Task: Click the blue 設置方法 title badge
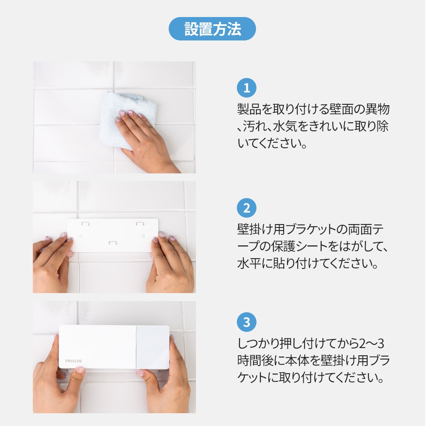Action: tap(213, 29)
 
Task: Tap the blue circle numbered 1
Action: tap(246, 89)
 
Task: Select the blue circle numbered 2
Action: tap(246, 209)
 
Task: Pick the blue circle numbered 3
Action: tap(246, 322)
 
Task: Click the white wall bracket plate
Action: tap(113, 234)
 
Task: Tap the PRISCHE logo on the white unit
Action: tap(74, 361)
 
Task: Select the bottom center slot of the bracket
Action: tap(112, 242)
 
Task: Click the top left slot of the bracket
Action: tap(85, 223)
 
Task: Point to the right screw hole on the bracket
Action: tap(144, 235)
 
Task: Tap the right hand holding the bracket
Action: tap(170, 264)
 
